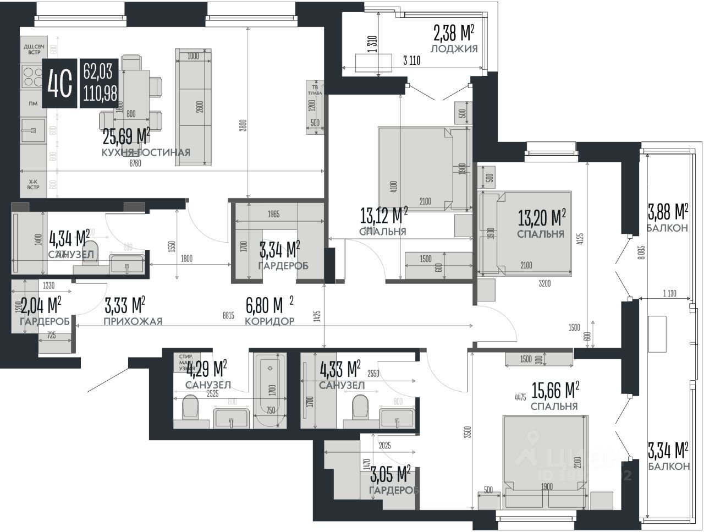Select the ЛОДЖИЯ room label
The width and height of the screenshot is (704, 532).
(454, 48)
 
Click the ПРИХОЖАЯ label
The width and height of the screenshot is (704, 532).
(133, 321)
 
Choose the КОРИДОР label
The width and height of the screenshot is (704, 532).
(269, 321)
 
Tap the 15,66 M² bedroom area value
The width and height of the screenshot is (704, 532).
(554, 391)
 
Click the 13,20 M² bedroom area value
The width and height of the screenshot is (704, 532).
(542, 218)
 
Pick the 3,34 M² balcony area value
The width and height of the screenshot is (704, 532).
(668, 450)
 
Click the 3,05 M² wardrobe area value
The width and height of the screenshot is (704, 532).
(391, 474)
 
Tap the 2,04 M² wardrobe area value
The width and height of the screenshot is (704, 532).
(40, 305)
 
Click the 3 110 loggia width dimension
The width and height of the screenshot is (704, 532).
(411, 61)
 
